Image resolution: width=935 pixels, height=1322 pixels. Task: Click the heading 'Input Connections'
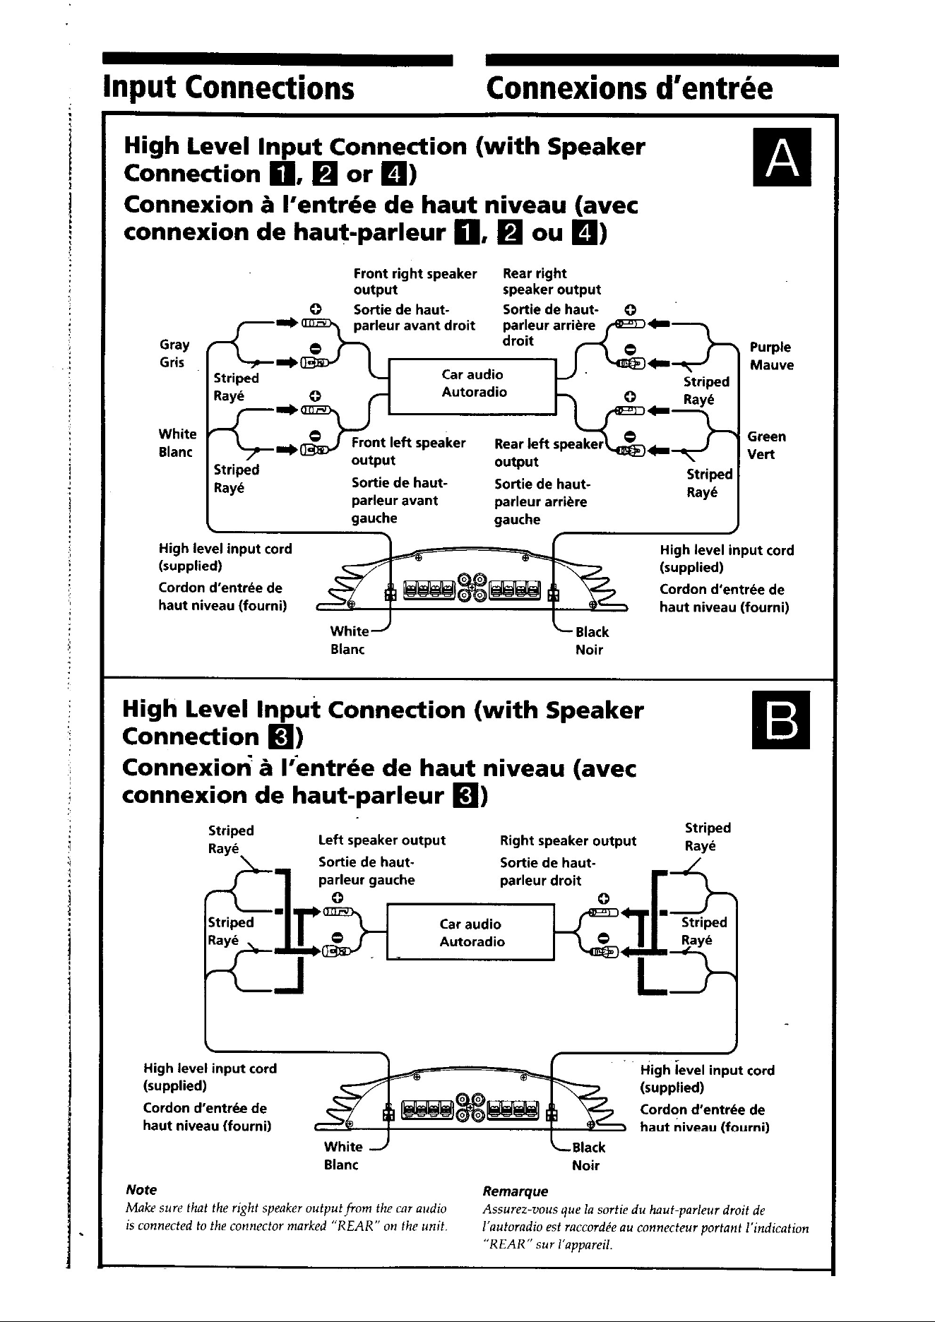228,88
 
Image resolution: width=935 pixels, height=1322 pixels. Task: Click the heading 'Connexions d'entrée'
629,88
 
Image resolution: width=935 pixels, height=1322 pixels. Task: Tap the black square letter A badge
782,157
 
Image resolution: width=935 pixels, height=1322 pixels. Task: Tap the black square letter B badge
782,720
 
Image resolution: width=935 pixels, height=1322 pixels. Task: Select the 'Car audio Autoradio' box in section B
471,933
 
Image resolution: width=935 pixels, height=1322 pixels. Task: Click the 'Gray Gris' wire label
174,354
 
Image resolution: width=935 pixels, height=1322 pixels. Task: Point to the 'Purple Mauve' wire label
771,356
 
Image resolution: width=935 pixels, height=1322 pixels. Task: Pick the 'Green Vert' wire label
766,445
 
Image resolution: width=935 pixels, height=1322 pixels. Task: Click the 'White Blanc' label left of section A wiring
177,443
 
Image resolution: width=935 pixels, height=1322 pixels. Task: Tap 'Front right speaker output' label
415,281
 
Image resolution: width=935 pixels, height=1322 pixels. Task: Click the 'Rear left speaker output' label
549,453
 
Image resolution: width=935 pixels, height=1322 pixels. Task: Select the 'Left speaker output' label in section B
382,840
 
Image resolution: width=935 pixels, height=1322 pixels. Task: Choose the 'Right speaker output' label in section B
568,840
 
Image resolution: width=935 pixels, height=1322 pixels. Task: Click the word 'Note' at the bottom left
141,1190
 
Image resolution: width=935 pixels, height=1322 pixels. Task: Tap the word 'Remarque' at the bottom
515,1191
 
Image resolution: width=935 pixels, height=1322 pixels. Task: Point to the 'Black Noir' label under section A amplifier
591,641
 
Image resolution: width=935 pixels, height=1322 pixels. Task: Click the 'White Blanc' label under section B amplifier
343,1155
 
